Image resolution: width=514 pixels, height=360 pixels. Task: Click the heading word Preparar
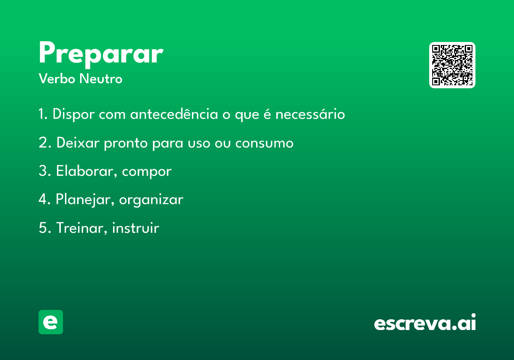(x=101, y=54)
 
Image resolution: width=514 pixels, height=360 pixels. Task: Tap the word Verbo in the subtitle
(x=57, y=79)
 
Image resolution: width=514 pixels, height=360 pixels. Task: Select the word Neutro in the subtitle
(x=101, y=79)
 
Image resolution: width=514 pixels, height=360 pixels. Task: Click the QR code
(x=452, y=65)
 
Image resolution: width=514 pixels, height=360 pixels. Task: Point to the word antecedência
(x=174, y=114)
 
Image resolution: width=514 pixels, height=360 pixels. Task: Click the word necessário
(x=310, y=114)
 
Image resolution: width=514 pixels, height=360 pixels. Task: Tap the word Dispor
(x=73, y=114)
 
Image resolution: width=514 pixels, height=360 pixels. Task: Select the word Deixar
(x=78, y=143)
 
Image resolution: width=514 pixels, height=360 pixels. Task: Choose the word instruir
(x=135, y=228)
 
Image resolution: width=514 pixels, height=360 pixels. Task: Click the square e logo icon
(x=51, y=322)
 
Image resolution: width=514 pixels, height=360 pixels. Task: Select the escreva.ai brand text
(x=425, y=322)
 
